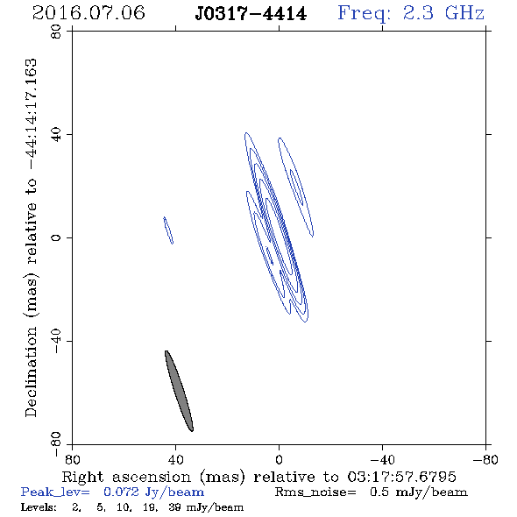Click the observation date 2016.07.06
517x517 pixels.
89,13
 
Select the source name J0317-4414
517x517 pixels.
251,13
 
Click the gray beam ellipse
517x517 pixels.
179,391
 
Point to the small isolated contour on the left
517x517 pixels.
168,230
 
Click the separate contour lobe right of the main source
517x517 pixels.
296,187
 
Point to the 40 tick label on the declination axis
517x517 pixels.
56,135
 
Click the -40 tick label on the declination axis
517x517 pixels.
56,341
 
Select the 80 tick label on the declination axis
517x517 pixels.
56,32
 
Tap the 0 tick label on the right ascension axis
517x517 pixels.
279,460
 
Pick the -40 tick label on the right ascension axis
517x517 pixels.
382,460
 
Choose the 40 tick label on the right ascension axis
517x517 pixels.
175,460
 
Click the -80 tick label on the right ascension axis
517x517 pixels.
485,460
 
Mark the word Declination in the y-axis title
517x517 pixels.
31,372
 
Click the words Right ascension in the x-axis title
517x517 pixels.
126,477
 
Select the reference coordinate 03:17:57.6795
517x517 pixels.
401,477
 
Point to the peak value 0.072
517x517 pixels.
121,492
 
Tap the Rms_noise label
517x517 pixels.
315,492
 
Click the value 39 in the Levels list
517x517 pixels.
174,507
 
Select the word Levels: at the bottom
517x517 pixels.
39,507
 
